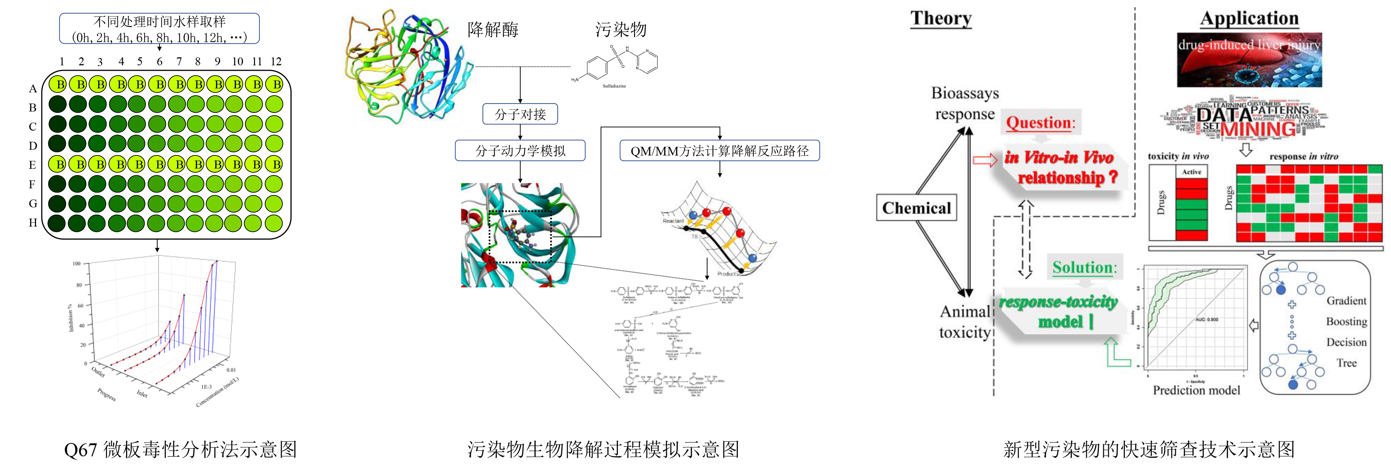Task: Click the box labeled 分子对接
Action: pos(520,114)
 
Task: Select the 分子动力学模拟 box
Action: pos(520,150)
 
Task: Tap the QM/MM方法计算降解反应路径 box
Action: pos(719,150)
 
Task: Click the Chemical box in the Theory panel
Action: pos(917,208)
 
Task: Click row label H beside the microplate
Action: pos(33,223)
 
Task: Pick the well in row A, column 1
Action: pos(58,84)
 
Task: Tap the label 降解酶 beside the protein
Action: pos(493,30)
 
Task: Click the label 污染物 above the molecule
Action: pos(620,30)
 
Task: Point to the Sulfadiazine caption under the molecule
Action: pos(614,86)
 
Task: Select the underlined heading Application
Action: pos(1249,18)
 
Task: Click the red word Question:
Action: pos(1040,123)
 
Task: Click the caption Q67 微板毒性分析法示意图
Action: pos(180,449)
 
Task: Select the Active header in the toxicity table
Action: pos(1191,172)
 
